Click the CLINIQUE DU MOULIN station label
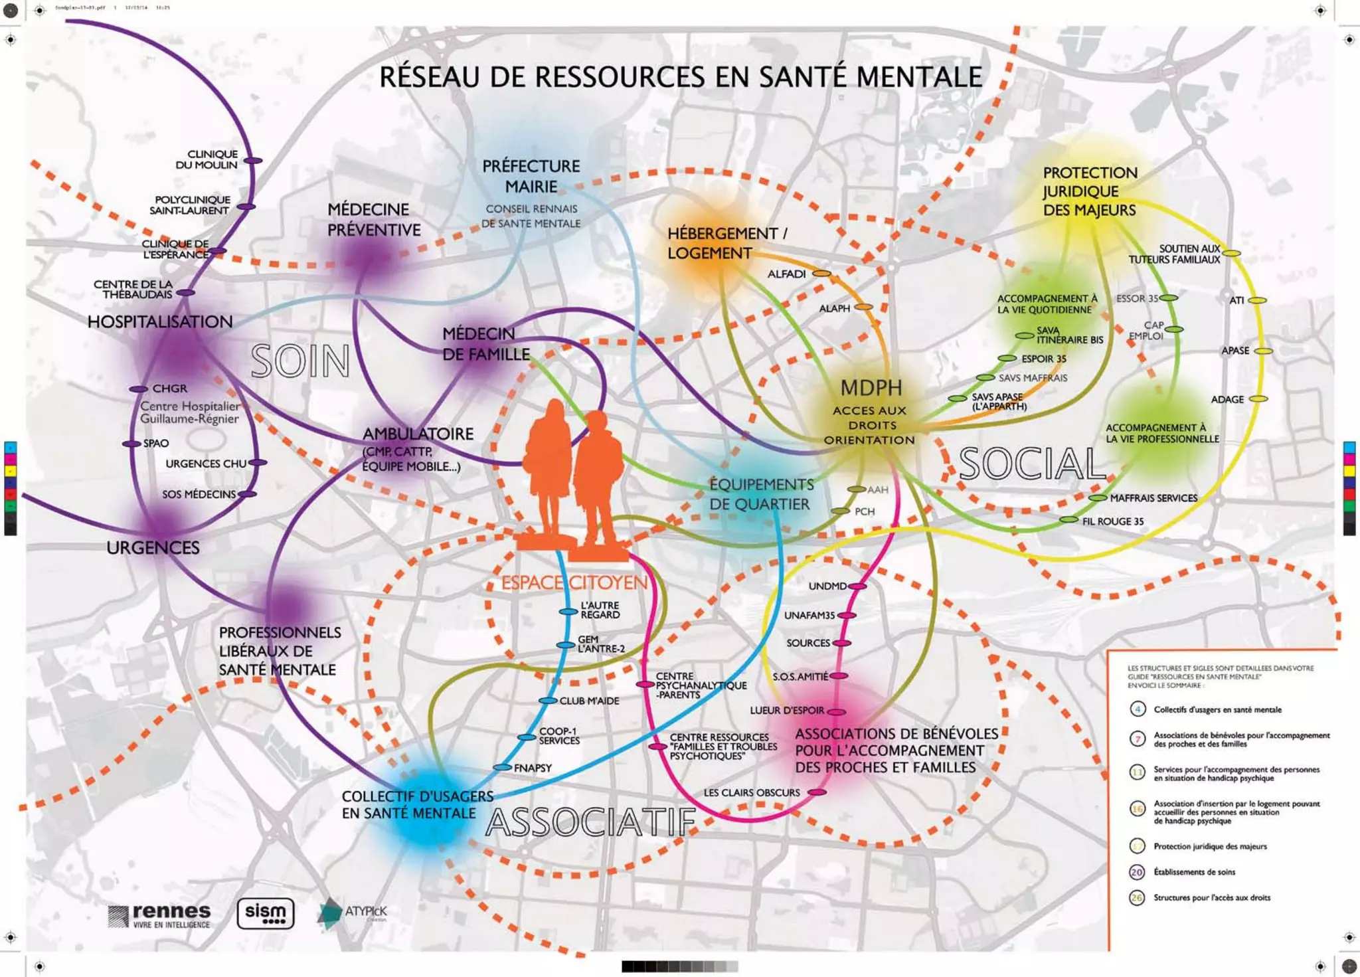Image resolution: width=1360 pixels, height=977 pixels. [x=206, y=159]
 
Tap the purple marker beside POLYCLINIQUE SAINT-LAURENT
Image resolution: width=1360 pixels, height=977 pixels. [x=246, y=207]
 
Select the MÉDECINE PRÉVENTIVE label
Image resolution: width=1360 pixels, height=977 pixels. [x=374, y=220]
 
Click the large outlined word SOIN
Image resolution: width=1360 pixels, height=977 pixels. [x=301, y=362]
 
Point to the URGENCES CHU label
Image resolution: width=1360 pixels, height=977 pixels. [x=206, y=464]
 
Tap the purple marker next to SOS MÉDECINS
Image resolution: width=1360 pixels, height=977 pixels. [x=247, y=494]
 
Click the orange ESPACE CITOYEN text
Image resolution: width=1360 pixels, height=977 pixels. [x=574, y=583]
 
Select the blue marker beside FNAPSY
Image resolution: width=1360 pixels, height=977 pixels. [x=502, y=768]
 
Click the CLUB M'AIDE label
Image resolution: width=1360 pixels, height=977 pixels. [x=589, y=701]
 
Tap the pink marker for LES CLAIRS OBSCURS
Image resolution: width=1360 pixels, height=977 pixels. [x=817, y=792]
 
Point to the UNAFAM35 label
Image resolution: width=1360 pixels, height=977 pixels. [x=809, y=616]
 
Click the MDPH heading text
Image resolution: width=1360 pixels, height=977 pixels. [x=871, y=388]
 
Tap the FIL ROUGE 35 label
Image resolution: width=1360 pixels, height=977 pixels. [x=1113, y=521]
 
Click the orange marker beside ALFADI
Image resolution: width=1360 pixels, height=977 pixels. [x=822, y=274]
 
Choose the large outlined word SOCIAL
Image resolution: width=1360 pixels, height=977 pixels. [x=1032, y=464]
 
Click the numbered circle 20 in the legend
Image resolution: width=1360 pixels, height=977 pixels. [x=1137, y=872]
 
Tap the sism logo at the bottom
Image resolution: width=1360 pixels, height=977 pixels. [x=266, y=914]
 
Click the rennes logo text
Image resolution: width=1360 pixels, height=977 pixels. [x=171, y=912]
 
